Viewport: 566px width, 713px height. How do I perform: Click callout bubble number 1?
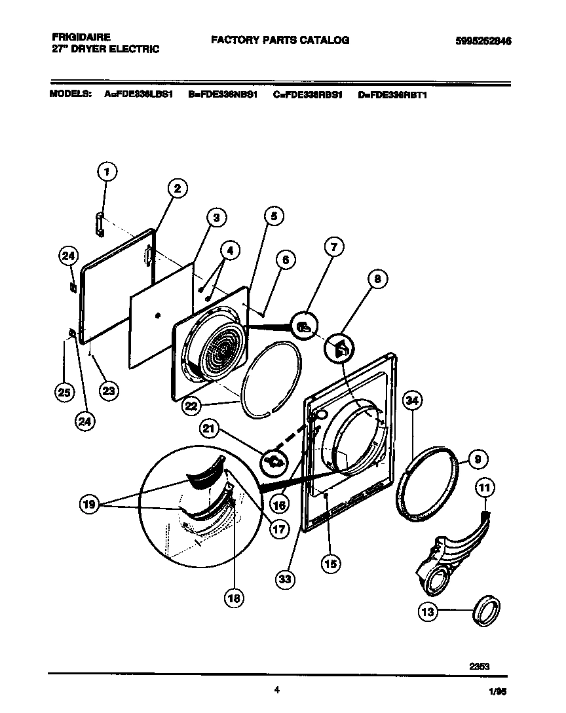click(107, 172)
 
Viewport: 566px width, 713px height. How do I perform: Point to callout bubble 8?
click(376, 280)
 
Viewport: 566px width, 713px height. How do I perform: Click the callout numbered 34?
click(411, 400)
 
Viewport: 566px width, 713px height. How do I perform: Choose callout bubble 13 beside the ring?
click(428, 612)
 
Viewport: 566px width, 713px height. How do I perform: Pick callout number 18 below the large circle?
click(234, 596)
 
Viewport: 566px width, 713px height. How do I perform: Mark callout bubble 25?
click(64, 393)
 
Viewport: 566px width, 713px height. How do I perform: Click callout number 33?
click(286, 579)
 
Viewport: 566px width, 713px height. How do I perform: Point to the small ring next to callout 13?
click(487, 612)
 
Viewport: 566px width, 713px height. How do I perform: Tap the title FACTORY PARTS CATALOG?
click(280, 40)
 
